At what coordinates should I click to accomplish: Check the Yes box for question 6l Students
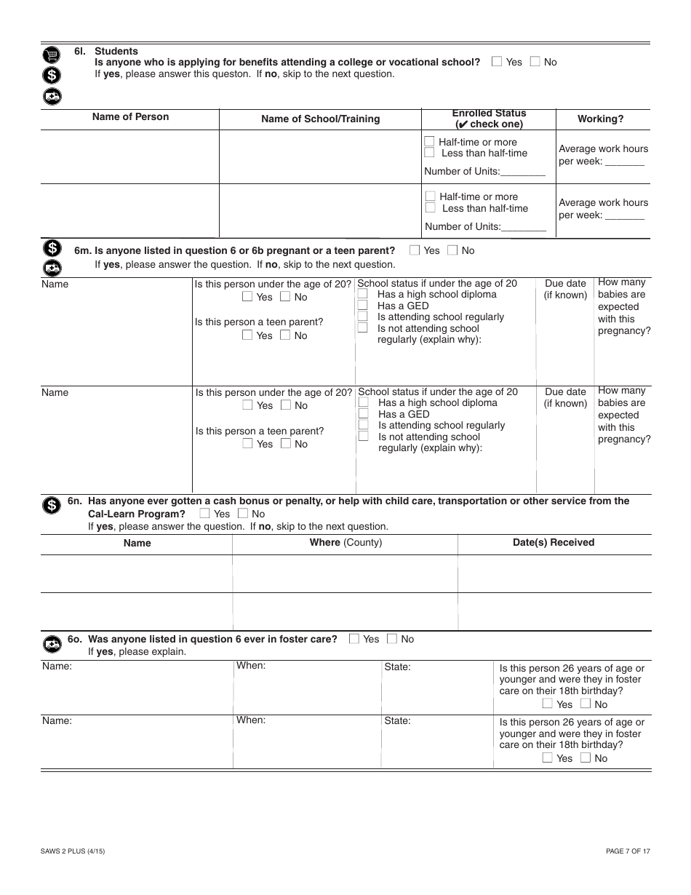coord(497,62)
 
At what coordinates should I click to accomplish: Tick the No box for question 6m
coord(452,250)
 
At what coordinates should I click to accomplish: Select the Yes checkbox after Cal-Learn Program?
coord(204,514)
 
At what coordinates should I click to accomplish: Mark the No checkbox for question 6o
coord(392,639)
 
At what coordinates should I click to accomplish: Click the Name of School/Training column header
coord(320,119)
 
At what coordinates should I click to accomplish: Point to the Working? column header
coord(600,119)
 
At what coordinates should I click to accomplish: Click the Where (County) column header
coord(345,542)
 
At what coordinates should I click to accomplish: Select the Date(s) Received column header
coord(554,542)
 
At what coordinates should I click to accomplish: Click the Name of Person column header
coord(130,116)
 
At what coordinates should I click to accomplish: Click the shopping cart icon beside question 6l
coord(52,55)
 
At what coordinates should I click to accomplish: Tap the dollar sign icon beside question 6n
coord(52,505)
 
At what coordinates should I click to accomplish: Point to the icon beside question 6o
coord(52,643)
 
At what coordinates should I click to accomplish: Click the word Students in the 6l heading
coord(116,51)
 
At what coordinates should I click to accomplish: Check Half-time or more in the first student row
coord(430,142)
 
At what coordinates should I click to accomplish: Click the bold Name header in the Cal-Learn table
coord(137,543)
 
